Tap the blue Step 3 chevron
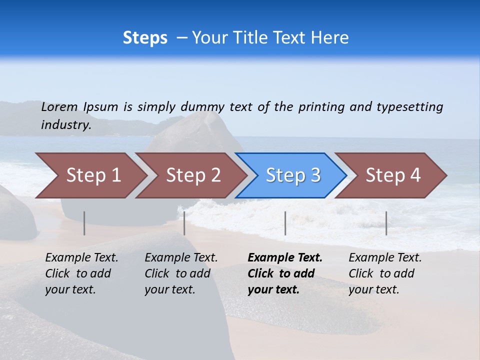[293, 175]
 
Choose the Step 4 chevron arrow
[393, 175]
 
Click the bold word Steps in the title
[145, 38]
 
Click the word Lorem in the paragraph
[59, 106]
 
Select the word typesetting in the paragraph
[409, 106]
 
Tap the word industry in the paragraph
[66, 124]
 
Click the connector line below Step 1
[84, 223]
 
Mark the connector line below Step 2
[184, 223]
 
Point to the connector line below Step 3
[285, 223]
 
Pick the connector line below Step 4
[386, 223]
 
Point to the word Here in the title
[329, 38]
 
